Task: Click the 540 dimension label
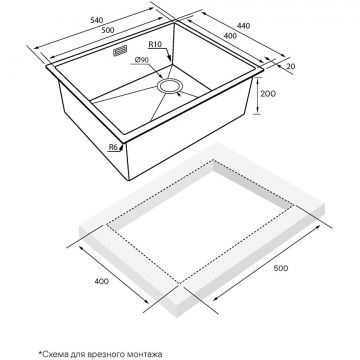point(96,20)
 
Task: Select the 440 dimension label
point(243,26)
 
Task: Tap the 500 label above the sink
point(108,30)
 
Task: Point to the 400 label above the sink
point(230,36)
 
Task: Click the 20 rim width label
point(291,66)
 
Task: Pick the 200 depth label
point(268,94)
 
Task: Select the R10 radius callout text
point(155,44)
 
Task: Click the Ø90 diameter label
point(142,60)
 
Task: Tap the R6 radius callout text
point(114,147)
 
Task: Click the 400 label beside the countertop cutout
point(102,281)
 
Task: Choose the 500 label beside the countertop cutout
point(280,268)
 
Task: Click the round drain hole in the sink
point(170,86)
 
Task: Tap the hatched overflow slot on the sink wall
point(120,51)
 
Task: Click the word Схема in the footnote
point(54,354)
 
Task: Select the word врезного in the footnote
point(101,354)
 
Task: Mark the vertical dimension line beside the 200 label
point(257,95)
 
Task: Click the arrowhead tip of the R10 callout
point(170,61)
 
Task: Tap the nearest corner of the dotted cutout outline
point(180,283)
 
